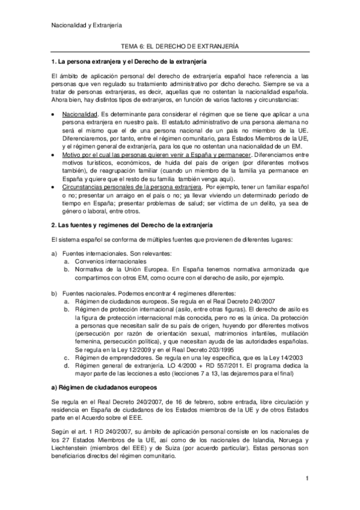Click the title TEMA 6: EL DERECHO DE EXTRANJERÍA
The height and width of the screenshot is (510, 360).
[180, 46]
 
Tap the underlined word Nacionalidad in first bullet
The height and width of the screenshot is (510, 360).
[79, 114]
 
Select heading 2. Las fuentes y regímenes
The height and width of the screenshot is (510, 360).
[131, 224]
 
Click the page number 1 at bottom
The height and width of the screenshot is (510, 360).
[307, 495]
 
